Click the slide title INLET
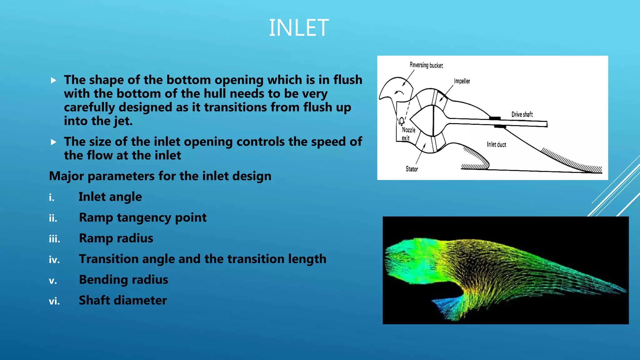pos(298,28)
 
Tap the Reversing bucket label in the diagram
pos(426,65)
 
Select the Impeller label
pos(462,81)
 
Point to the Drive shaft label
pos(522,114)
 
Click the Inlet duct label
pos(496,144)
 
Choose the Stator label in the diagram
pos(412,169)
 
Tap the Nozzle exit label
pos(408,134)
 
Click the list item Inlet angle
pos(110,197)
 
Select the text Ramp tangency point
pos(142,217)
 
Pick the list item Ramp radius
pos(116,238)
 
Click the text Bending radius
pos(123,280)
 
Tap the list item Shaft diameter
pos(123,300)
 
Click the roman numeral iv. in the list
pos(54,260)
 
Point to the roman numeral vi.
pos(54,301)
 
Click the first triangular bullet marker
pos(54,80)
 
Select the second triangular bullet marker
pos(54,142)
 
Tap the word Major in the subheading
pos(66,176)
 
